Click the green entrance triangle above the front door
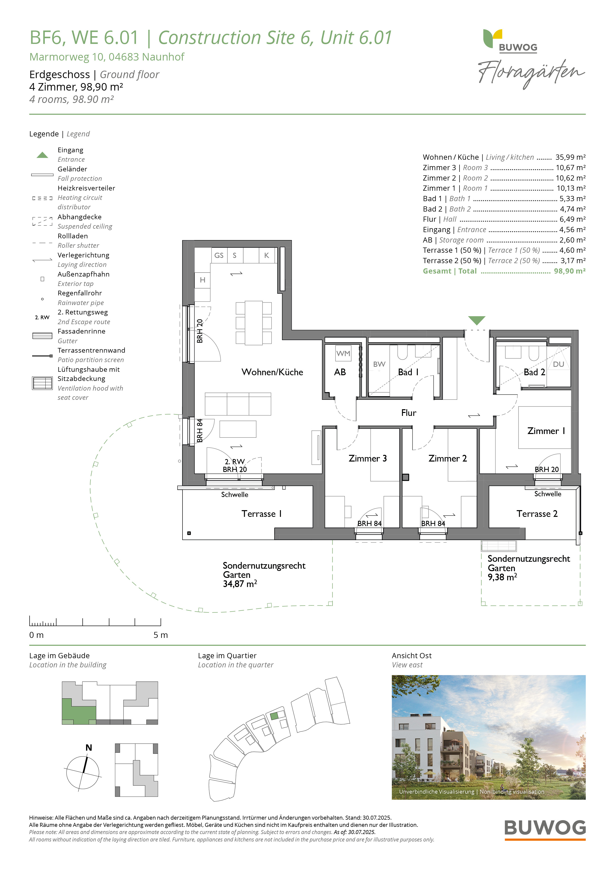pos(476,320)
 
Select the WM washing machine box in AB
pos(343,353)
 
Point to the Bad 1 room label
pos(408,372)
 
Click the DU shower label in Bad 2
pos(558,364)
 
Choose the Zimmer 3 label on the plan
pos(368,459)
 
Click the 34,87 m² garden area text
pos(240,584)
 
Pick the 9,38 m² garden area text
pos(502,577)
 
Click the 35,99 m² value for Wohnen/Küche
pos(570,157)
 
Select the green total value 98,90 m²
pos(570,271)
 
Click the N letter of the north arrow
pos(89,747)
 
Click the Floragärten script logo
pos(531,73)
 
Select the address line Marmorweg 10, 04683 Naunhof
pos(107,57)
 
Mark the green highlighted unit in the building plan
pos(78,711)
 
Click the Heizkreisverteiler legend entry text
pos(86,188)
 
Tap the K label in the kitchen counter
pos(267,255)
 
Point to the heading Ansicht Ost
pos(411,655)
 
